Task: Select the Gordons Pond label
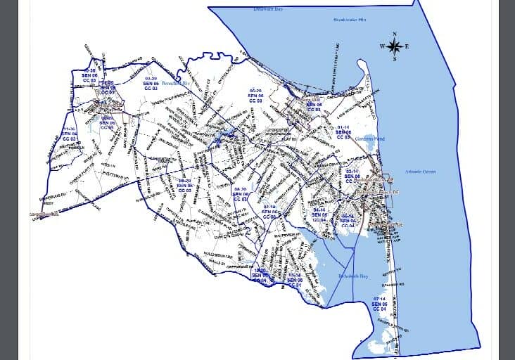[x=371, y=139]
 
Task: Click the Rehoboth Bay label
[x=353, y=276]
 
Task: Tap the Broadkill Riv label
[x=177, y=83]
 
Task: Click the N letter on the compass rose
[x=395, y=34]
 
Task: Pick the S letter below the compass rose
[x=395, y=59]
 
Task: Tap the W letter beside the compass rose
[x=382, y=46]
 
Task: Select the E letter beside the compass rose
[x=407, y=46]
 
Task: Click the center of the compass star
[x=395, y=46]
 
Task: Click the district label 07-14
[x=380, y=298]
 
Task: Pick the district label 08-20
[x=240, y=190]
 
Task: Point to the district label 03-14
[x=353, y=171]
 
